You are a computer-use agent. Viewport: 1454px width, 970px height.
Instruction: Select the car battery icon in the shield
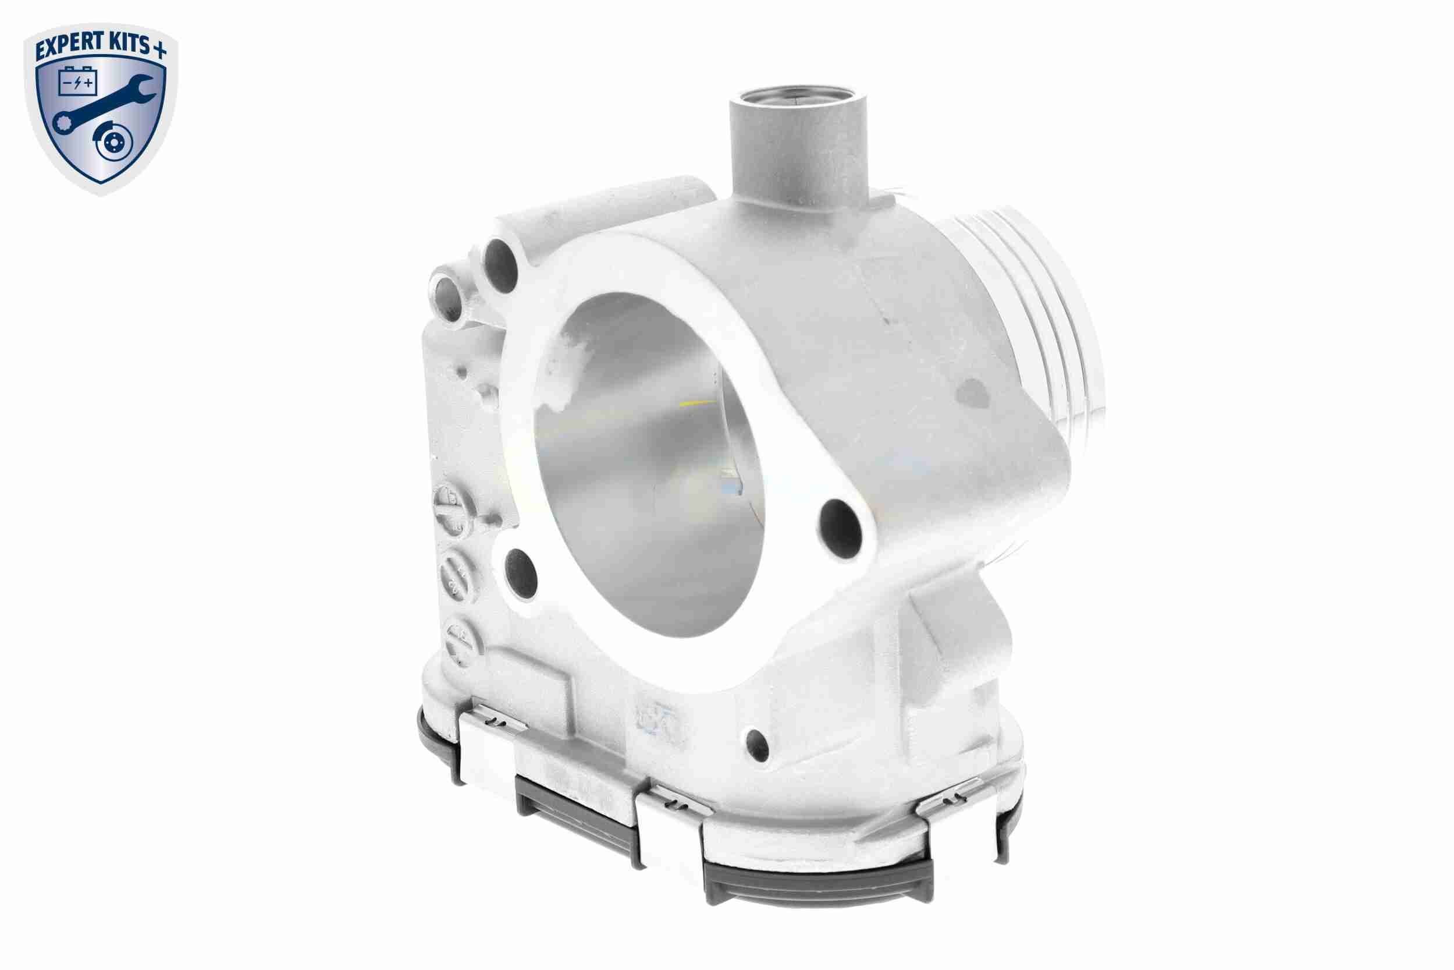click(x=78, y=82)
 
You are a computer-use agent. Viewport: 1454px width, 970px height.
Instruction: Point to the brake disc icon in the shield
click(x=115, y=146)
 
